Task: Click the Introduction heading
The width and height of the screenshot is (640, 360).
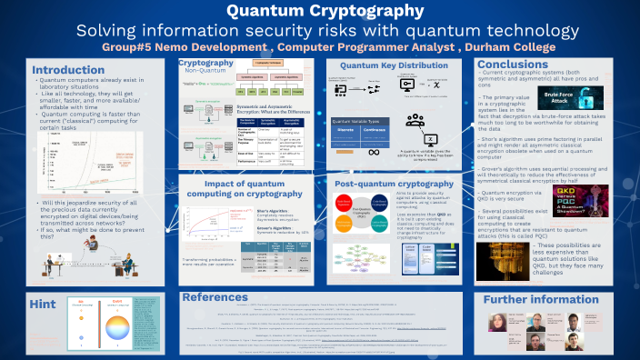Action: pos(68,70)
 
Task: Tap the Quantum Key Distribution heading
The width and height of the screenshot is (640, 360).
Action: pos(394,66)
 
